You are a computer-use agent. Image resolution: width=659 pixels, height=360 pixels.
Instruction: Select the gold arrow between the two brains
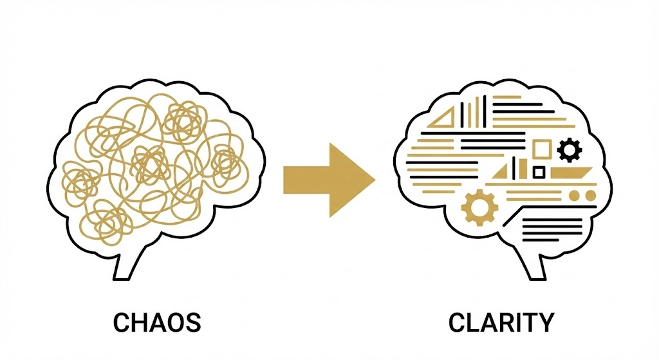(329, 180)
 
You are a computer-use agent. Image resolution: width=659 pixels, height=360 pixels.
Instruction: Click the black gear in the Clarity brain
(570, 150)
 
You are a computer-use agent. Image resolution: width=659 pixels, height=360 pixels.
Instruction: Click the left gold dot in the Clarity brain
(575, 196)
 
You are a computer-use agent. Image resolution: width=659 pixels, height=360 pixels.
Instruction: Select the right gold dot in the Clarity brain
(591, 196)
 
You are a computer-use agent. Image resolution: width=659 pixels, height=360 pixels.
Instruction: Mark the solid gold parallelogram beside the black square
(571, 173)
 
